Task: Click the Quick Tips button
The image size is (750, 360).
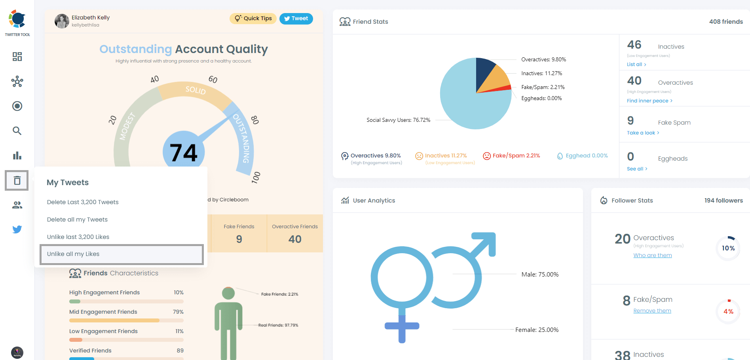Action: pos(253,19)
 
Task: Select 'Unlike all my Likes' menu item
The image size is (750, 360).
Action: pos(122,254)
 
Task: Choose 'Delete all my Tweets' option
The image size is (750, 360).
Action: pos(77,220)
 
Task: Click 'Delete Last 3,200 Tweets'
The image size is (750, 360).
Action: pos(83,202)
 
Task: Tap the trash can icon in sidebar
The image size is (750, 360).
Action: pos(17,180)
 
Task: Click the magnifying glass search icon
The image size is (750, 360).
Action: pos(17,131)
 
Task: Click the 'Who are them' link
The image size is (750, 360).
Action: pos(653,256)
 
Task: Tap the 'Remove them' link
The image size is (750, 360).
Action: pos(652,311)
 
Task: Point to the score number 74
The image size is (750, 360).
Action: pos(184,153)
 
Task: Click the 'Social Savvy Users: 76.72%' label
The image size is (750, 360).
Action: pos(398,120)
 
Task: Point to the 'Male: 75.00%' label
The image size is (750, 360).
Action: pos(540,275)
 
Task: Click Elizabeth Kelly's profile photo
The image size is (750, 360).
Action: pos(62,21)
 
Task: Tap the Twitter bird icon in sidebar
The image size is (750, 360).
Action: pos(17,229)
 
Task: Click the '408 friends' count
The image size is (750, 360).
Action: pos(726,22)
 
